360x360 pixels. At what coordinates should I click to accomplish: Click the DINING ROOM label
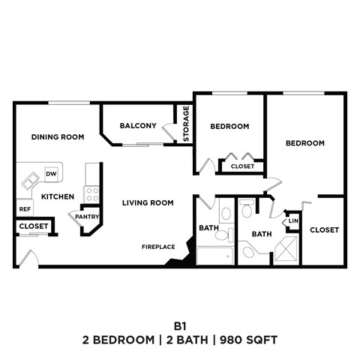pyautogui.click(x=57, y=137)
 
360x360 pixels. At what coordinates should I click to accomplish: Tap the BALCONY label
pyautogui.click(x=138, y=126)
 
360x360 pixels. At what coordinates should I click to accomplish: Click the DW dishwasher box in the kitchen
pyautogui.click(x=51, y=174)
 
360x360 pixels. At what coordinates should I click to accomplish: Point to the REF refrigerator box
pyautogui.click(x=25, y=208)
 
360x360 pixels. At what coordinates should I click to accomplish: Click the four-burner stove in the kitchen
pyautogui.click(x=92, y=194)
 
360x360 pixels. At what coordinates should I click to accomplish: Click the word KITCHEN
pyautogui.click(x=57, y=196)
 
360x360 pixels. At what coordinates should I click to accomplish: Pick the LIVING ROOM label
pyautogui.click(x=148, y=202)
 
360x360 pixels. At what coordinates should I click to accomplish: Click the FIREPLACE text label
pyautogui.click(x=158, y=247)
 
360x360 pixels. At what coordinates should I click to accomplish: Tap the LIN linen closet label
pyautogui.click(x=293, y=221)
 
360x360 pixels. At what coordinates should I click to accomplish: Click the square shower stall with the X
pyautogui.click(x=286, y=252)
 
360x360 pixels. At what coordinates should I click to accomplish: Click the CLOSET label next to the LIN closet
pyautogui.click(x=324, y=229)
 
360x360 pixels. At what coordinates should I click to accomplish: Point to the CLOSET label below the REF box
pyautogui.click(x=33, y=226)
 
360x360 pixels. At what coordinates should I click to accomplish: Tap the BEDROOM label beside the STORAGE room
pyautogui.click(x=229, y=127)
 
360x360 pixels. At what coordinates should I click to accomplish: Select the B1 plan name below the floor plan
pyautogui.click(x=180, y=326)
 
